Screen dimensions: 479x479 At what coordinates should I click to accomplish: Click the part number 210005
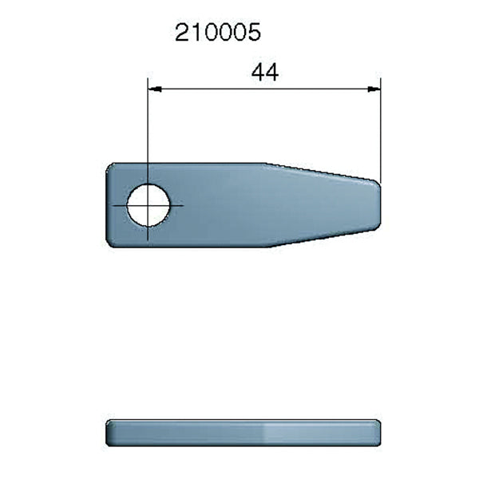pyautogui.click(x=218, y=34)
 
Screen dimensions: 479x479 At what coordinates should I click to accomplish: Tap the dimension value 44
pyautogui.click(x=264, y=73)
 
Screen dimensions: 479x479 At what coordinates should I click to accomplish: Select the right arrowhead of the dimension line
pyautogui.click(x=373, y=89)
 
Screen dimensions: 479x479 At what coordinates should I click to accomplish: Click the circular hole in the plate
pyautogui.click(x=148, y=204)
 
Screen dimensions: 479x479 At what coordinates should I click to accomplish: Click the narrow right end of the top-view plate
pyautogui.click(x=378, y=204)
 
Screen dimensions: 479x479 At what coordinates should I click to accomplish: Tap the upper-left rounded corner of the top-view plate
pyautogui.click(x=111, y=168)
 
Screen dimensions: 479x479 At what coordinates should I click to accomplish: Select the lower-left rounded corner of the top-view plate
pyautogui.click(x=111, y=241)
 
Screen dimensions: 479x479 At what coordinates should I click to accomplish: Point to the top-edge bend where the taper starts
pyautogui.click(x=267, y=165)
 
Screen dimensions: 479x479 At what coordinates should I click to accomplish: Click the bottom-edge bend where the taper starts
pyautogui.click(x=267, y=245)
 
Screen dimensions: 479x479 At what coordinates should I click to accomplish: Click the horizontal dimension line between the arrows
pyautogui.click(x=263, y=89)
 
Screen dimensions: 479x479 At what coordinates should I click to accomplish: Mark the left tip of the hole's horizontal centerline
pyautogui.click(x=113, y=204)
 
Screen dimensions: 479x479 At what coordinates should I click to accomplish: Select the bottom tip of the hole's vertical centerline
pyautogui.click(x=148, y=239)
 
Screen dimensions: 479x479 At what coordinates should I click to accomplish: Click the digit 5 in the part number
pyautogui.click(x=255, y=34)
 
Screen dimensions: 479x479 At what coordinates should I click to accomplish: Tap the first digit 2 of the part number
pyautogui.click(x=182, y=34)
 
